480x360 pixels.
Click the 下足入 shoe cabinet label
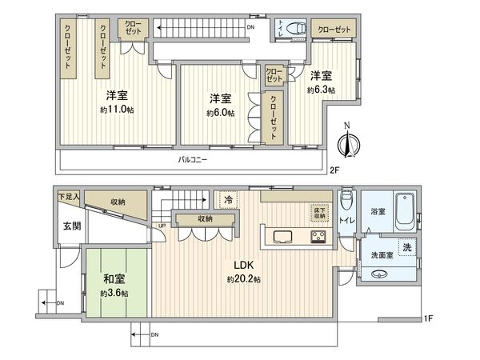70,196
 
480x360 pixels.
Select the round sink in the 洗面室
382,273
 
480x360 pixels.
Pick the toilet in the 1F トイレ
346,200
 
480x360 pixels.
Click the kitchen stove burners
318,236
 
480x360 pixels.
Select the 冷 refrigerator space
228,200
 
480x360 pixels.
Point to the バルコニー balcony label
192,160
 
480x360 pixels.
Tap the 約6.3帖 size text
320,90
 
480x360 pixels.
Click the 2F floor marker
334,170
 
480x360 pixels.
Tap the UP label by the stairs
163,226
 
